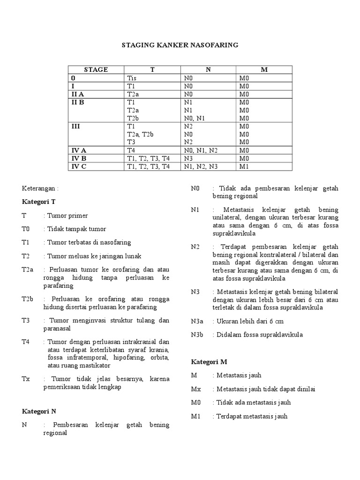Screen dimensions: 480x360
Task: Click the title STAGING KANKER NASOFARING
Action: point(180,45)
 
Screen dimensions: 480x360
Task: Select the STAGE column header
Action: point(96,70)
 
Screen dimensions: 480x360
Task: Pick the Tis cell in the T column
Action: point(132,78)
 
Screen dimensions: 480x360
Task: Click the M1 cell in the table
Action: point(244,166)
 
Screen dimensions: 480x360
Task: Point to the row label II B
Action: point(77,102)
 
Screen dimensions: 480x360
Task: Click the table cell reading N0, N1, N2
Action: point(201,150)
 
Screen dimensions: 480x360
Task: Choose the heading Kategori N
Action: point(39,411)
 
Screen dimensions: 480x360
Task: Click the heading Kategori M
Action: point(209,361)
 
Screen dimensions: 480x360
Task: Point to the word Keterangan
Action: point(41,188)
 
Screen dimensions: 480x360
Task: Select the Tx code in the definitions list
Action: point(26,379)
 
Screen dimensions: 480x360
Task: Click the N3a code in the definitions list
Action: point(197,321)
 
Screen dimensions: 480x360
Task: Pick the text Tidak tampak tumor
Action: point(76,229)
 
